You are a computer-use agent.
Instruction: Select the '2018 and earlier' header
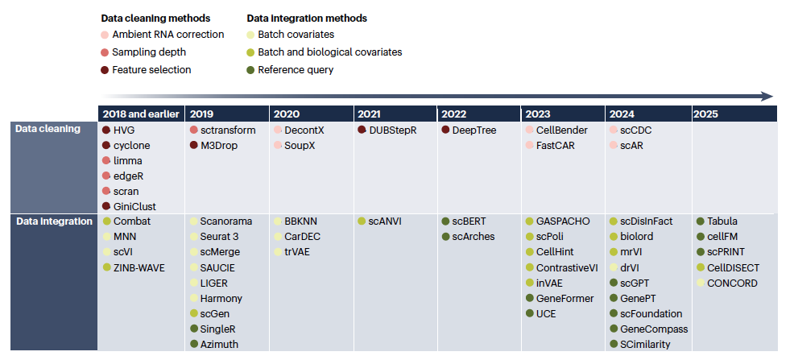[141, 114]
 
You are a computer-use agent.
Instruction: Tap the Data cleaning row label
[48, 129]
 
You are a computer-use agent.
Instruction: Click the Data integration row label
[54, 221]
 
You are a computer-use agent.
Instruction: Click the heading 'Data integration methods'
[307, 19]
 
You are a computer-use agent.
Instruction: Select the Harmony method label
[221, 298]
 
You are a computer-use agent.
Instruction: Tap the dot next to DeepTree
[445, 130]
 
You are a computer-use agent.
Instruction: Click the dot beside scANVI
[362, 221]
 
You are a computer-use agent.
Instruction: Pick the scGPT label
[635, 283]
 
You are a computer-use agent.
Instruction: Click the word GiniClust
[134, 207]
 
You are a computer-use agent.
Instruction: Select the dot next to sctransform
[193, 130]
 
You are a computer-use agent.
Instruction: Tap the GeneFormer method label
[565, 298]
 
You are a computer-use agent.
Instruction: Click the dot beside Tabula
[701, 221]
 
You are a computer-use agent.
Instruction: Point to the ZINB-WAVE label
[139, 268]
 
